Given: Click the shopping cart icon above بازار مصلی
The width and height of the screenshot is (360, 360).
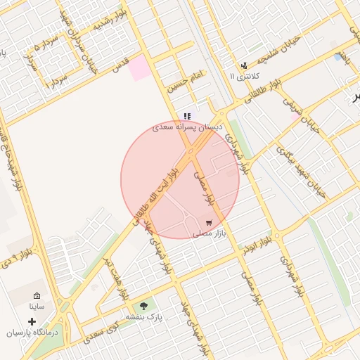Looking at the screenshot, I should coord(209,222).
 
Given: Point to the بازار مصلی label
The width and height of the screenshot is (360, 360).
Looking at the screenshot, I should coord(209,233).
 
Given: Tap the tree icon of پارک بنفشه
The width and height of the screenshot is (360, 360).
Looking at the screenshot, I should coord(144,306).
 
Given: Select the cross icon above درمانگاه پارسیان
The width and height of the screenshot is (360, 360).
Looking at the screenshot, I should coord(32,321).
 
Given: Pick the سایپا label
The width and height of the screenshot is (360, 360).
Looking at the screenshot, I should coord(37,307).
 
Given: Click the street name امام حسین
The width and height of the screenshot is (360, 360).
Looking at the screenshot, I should coord(185,82).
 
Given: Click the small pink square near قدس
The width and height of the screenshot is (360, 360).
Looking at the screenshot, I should coord(139,67).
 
